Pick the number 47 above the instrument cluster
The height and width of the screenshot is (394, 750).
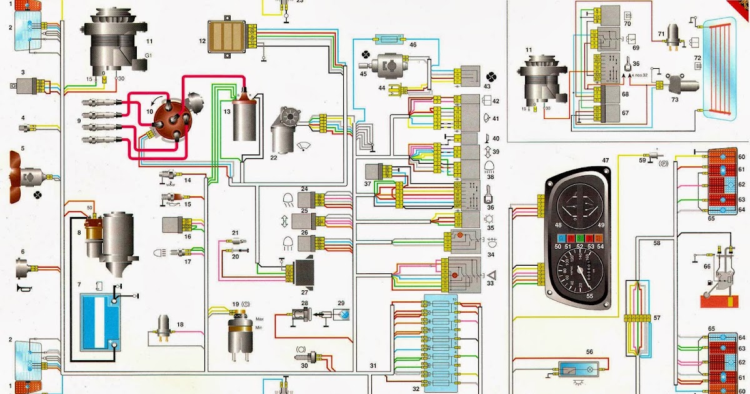coord(605,161)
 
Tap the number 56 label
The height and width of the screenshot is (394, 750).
coord(589,352)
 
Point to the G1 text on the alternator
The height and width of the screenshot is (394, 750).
coord(148,56)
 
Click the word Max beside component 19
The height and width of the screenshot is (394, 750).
coord(259,320)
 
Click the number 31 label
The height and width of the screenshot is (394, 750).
coord(373,365)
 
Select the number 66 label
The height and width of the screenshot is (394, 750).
coord(706,266)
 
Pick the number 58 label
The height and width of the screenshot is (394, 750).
coord(657,243)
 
